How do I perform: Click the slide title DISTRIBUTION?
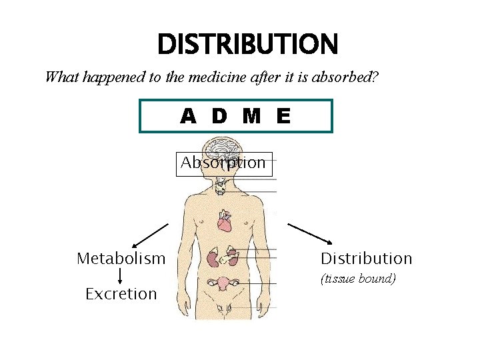pyautogui.click(x=247, y=45)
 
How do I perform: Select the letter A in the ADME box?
pyautogui.click(x=189, y=117)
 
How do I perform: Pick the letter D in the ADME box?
pyautogui.click(x=219, y=117)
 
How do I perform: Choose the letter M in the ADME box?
pyautogui.click(x=251, y=117)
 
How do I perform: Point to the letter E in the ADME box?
pyautogui.click(x=283, y=117)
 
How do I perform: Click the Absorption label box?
pyautogui.click(x=224, y=163)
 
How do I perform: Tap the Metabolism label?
pyautogui.click(x=121, y=258)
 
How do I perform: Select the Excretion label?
pyautogui.click(x=121, y=293)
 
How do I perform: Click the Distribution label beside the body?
pyautogui.click(x=367, y=258)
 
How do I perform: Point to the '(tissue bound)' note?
pyautogui.click(x=358, y=278)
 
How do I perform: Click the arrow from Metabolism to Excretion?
pyautogui.click(x=120, y=275)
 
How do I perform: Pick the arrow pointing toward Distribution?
pyautogui.click(x=309, y=233)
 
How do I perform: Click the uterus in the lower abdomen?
pyautogui.click(x=225, y=283)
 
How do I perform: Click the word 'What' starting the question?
pyautogui.click(x=57, y=77)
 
